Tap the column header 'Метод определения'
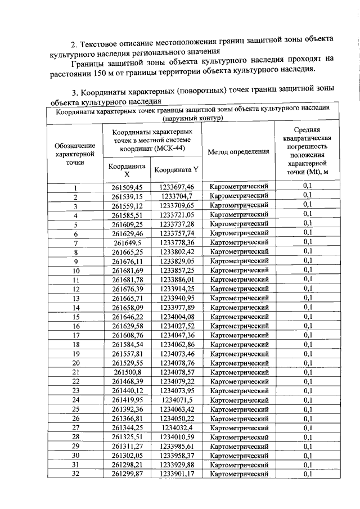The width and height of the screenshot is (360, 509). (238, 152)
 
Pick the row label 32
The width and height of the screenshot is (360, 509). (75, 474)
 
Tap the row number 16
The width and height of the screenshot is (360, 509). (75, 326)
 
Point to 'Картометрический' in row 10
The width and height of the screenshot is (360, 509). (238, 270)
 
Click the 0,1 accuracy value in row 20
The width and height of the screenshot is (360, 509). (307, 363)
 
